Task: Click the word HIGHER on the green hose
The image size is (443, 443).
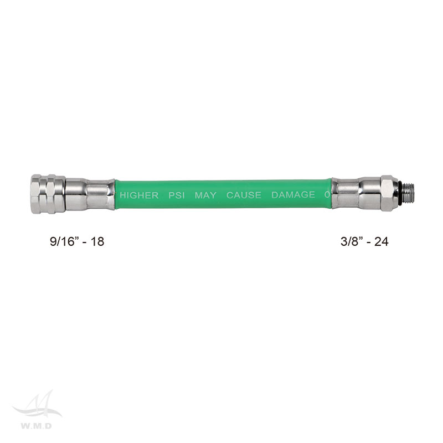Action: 139,195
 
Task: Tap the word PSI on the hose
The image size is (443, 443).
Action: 177,195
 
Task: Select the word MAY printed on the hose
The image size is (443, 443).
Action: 205,195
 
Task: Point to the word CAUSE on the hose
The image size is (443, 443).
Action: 244,195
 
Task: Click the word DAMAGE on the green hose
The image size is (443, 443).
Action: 293,195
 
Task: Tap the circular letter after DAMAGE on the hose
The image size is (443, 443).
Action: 327,195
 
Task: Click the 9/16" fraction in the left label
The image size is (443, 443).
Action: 64,241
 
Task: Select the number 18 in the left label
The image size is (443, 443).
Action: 97,241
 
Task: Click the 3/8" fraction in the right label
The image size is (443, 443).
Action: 352,241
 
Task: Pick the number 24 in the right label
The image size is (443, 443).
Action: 382,241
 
